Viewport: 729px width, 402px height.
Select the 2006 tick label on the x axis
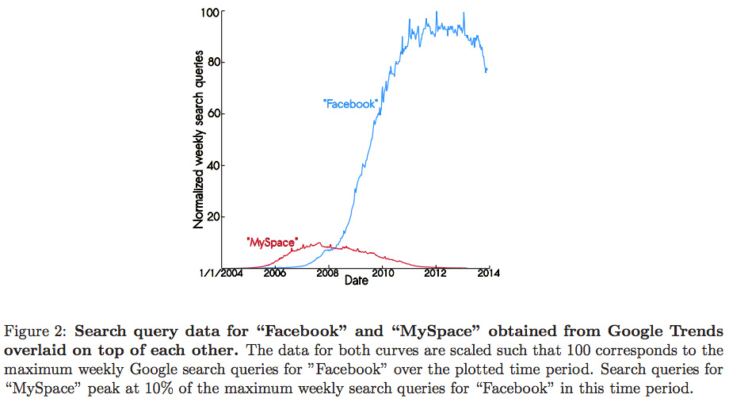pyautogui.click(x=275, y=274)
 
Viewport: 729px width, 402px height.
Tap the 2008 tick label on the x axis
pyautogui.click(x=328, y=274)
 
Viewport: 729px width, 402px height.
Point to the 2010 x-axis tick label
pyautogui.click(x=382, y=274)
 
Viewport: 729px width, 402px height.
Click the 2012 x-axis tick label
pyautogui.click(x=435, y=274)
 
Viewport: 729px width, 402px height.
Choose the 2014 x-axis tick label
pyautogui.click(x=488, y=274)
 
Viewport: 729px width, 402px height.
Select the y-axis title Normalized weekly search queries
pyautogui.click(x=199, y=141)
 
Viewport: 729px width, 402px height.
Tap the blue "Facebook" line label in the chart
pyautogui.click(x=349, y=104)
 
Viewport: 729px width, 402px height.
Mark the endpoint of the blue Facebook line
pyautogui.click(x=487, y=71)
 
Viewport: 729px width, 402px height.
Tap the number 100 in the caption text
pyautogui.click(x=549, y=349)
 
